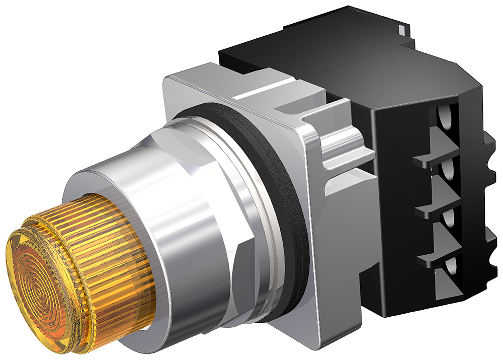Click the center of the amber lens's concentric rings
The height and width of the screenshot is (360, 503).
pos(38,288)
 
